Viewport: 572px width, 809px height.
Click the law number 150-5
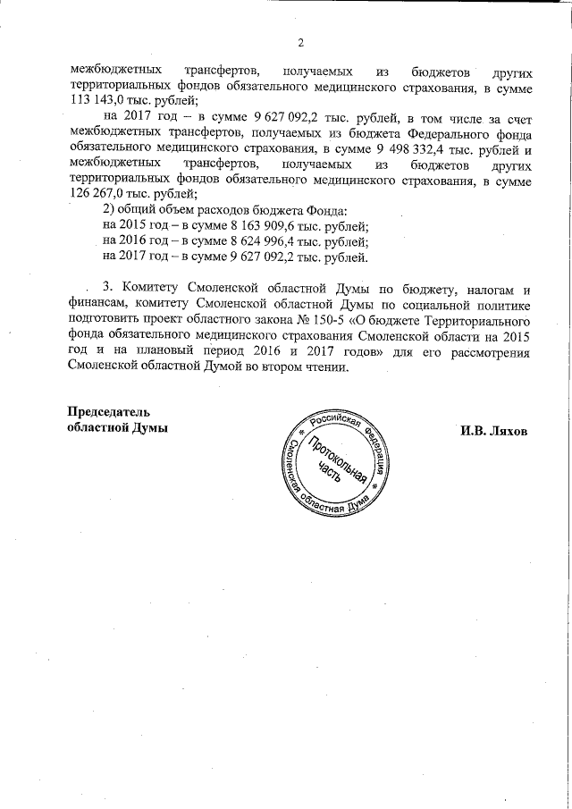pos(342,320)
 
